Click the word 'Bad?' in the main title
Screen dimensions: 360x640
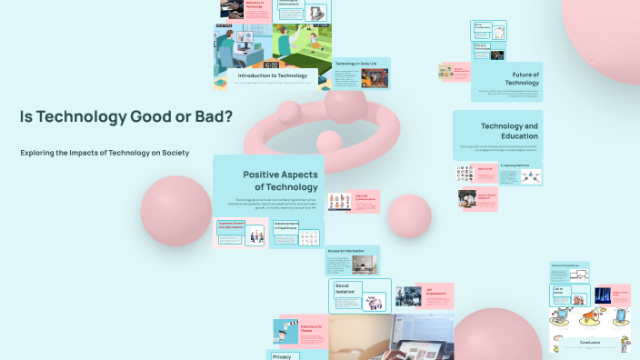coord(210,116)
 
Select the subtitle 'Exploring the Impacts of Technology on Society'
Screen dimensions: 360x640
coord(105,153)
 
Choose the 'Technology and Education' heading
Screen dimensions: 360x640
coord(509,130)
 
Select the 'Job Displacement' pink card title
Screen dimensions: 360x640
coord(435,291)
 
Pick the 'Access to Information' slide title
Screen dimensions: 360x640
coord(345,250)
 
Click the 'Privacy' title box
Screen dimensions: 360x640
coord(282,356)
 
